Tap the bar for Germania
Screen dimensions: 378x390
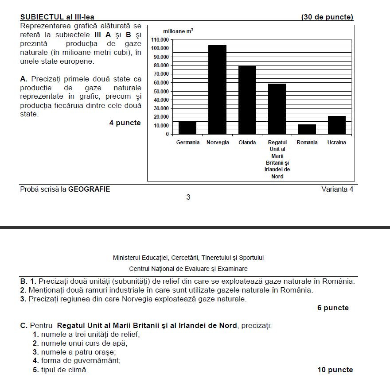point(187,127)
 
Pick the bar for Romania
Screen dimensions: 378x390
point(307,129)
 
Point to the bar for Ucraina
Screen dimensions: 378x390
point(337,125)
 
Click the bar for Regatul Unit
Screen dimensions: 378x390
point(277,109)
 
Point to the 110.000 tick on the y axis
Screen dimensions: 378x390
point(160,40)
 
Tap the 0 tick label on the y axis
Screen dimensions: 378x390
point(167,134)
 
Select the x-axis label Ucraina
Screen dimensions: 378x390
point(337,143)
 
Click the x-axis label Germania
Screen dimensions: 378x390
point(188,143)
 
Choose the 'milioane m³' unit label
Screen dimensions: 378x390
point(178,31)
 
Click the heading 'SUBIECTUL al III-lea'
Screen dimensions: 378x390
point(57,17)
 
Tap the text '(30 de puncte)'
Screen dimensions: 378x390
point(327,17)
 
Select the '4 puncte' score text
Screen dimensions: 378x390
point(125,123)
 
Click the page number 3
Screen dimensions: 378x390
point(188,197)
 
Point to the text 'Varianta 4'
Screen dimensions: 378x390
point(337,189)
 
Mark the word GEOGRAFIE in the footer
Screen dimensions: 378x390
point(89,189)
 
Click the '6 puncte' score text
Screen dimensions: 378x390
point(333,308)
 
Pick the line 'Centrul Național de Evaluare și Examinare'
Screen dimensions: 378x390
point(188,269)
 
